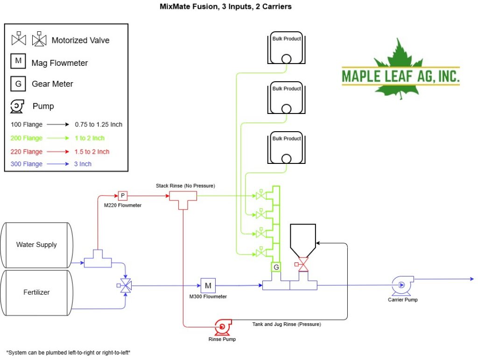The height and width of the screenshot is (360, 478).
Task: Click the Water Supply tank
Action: coord(36,245)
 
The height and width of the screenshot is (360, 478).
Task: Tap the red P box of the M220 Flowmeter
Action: coord(123,196)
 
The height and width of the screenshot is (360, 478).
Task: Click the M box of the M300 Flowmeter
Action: coord(208,286)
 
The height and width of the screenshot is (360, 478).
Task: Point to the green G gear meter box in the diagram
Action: coord(276,267)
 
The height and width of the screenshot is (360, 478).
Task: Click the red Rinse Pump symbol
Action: coord(223,327)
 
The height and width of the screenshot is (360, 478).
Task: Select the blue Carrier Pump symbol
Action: coord(402,285)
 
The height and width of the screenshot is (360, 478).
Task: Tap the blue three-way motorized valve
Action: coord(125,286)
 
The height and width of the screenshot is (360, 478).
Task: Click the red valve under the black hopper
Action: coord(302,264)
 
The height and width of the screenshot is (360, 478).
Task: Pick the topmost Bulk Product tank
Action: coord(286,48)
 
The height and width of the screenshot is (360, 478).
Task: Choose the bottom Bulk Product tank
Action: coord(286,148)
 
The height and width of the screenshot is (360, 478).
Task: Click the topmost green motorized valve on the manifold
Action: coord(261,195)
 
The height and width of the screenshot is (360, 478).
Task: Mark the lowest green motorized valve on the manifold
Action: coord(261,252)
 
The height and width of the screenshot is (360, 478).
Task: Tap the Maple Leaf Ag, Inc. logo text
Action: coord(401,76)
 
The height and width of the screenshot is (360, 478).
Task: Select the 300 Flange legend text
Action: coord(27,164)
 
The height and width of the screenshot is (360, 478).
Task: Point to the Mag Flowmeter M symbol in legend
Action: coord(18,61)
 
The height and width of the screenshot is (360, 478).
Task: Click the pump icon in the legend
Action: coord(17,106)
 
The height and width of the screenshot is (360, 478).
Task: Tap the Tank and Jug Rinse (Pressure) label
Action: coord(287,325)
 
